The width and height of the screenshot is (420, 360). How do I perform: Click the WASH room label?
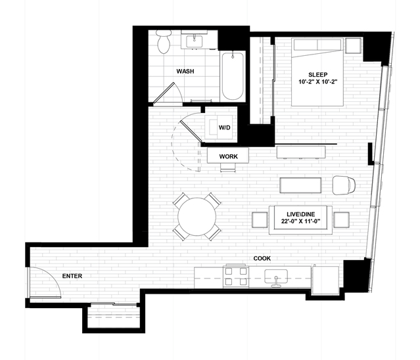(185, 72)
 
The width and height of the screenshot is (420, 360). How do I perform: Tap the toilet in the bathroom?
(164, 41)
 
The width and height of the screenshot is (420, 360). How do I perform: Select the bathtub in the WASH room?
(233, 76)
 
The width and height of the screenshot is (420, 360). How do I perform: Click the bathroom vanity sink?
(194, 41)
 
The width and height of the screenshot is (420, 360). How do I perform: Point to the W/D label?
(224, 127)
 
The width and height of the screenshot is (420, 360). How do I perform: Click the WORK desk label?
(228, 156)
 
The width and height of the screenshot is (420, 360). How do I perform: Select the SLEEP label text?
(317, 75)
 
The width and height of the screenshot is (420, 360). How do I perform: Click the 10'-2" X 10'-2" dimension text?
(317, 82)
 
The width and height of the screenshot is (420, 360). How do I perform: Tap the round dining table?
(197, 217)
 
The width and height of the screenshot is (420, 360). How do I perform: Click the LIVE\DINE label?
(301, 214)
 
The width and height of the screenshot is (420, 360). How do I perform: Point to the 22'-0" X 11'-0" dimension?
(301, 221)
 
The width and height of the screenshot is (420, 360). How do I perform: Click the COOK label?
(262, 259)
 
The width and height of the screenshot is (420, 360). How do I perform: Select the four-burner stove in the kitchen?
(236, 277)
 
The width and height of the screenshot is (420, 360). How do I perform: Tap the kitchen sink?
(276, 277)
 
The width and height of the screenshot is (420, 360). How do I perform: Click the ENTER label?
(72, 276)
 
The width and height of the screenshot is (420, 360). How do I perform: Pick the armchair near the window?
(344, 185)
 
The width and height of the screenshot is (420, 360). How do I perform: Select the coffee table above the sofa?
(300, 185)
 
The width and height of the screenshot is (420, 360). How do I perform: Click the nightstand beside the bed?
(354, 46)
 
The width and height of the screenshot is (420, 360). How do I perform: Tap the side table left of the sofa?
(260, 220)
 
